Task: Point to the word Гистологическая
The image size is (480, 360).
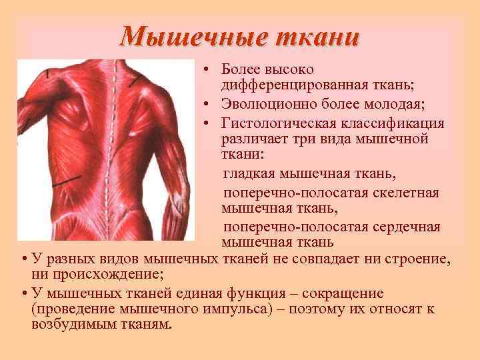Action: click(x=273, y=124)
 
